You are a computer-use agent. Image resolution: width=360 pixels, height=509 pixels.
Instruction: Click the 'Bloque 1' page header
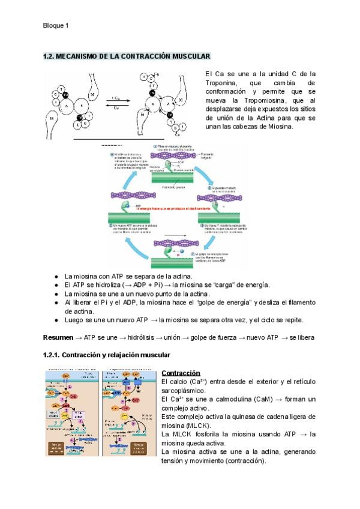[x=56, y=25]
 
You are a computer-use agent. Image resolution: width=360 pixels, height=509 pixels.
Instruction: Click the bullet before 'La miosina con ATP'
[x=56, y=275]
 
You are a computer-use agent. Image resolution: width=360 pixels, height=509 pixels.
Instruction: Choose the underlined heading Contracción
[x=181, y=373]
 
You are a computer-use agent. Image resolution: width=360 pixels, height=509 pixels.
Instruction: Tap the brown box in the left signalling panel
[x=59, y=447]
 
